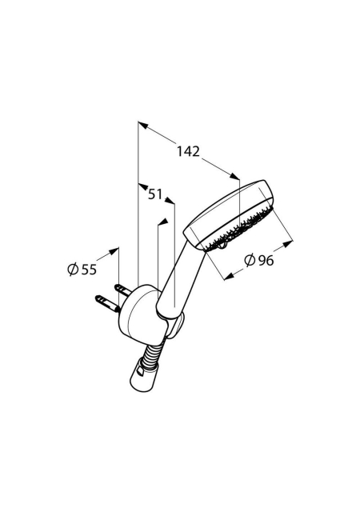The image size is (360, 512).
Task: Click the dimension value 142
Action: click(x=188, y=151)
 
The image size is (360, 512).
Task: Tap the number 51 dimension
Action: click(x=155, y=194)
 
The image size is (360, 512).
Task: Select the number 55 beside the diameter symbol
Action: click(x=89, y=270)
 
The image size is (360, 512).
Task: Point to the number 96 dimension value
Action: click(x=266, y=260)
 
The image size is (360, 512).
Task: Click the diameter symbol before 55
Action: click(x=73, y=270)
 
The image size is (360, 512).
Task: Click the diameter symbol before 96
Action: click(x=250, y=260)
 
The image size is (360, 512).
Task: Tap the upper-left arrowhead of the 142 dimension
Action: click(x=142, y=125)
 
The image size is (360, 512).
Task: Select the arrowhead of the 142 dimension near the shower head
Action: click(x=234, y=176)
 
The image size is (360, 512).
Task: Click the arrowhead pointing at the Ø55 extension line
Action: click(x=114, y=250)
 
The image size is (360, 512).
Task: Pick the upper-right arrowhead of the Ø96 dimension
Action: click(x=288, y=243)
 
